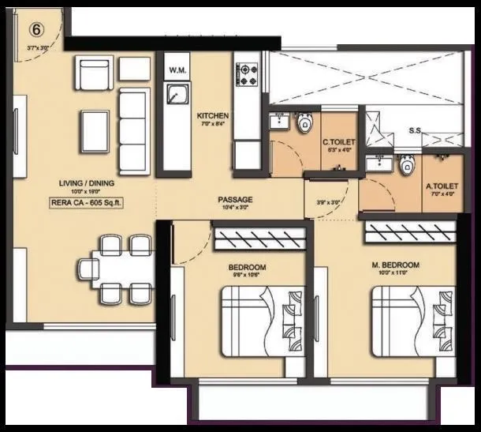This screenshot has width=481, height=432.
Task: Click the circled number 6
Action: pyautogui.click(x=36, y=29)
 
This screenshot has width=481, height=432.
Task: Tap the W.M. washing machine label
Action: pyautogui.click(x=177, y=71)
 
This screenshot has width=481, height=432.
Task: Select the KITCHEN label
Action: pyautogui.click(x=212, y=116)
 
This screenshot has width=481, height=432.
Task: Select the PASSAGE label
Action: pyautogui.click(x=235, y=200)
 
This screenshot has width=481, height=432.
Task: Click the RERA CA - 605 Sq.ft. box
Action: pyautogui.click(x=88, y=201)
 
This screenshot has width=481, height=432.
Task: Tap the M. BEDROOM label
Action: pyautogui.click(x=395, y=265)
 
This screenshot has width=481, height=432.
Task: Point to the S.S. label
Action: pyautogui.click(x=415, y=130)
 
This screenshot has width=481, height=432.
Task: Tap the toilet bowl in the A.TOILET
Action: pyautogui.click(x=407, y=165)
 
